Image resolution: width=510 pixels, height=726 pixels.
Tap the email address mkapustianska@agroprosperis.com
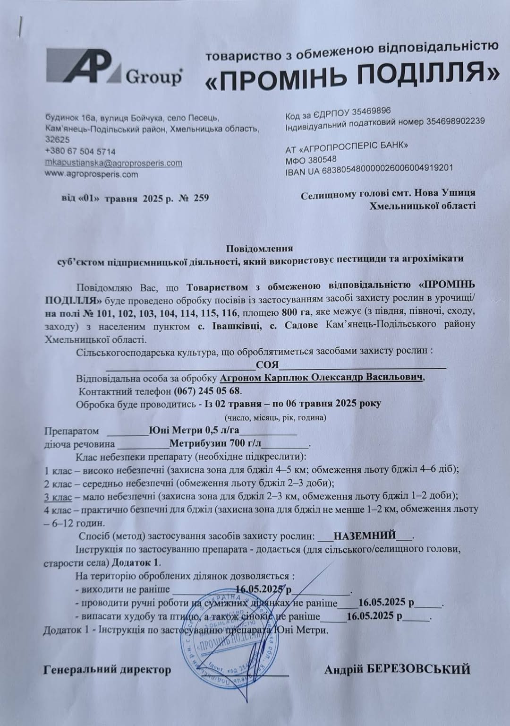(x=113, y=163)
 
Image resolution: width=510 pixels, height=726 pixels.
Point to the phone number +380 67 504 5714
(x=80, y=152)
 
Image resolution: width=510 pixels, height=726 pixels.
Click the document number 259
(x=201, y=198)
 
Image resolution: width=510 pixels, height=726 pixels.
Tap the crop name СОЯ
(x=267, y=365)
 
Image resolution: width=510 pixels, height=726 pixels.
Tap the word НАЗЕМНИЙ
(x=365, y=536)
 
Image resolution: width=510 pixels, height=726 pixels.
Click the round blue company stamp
(x=228, y=632)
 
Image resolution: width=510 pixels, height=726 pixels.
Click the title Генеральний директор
(x=107, y=670)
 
